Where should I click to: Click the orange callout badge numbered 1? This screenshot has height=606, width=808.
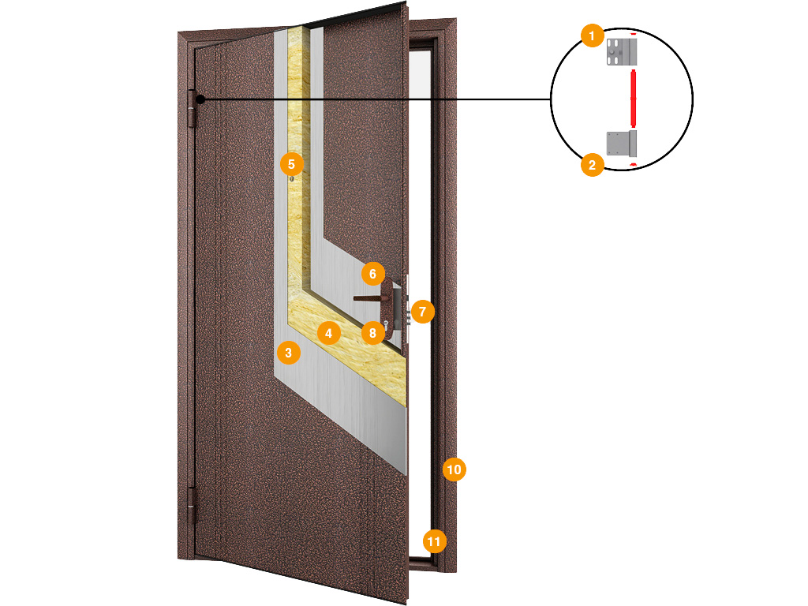(x=592, y=36)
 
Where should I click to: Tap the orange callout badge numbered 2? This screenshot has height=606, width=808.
(x=592, y=165)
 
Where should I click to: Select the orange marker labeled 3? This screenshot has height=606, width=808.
(x=289, y=353)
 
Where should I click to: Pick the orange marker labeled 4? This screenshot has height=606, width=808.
(x=329, y=333)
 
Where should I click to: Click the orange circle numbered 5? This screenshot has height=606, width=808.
(x=292, y=164)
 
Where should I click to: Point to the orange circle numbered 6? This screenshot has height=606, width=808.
(x=373, y=274)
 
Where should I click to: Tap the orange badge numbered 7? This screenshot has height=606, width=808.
(x=423, y=311)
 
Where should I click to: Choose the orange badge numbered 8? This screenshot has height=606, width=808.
(x=372, y=333)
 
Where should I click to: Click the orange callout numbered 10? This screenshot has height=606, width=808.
(x=454, y=469)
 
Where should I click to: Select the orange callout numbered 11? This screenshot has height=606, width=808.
(x=435, y=541)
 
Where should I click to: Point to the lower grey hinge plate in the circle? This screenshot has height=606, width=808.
(x=622, y=144)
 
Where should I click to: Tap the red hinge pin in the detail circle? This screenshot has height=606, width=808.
(x=634, y=98)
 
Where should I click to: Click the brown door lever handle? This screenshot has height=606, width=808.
(x=368, y=298)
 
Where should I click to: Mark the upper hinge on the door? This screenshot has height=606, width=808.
(x=193, y=109)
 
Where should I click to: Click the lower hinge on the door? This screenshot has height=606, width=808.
(x=192, y=507)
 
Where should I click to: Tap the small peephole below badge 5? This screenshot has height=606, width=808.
(x=292, y=179)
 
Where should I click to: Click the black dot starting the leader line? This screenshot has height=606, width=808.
(x=200, y=99)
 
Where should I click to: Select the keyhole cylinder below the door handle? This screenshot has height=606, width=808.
(x=385, y=324)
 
